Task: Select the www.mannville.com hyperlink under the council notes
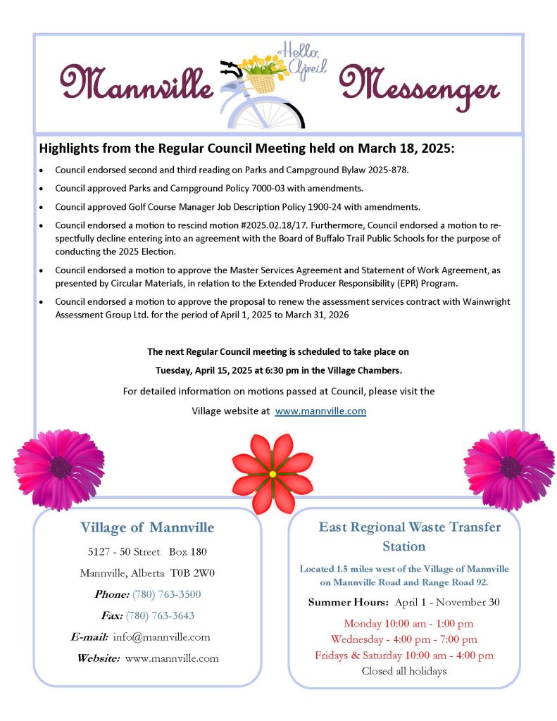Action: [320, 410]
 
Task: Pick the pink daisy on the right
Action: [509, 467]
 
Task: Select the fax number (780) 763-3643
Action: [160, 615]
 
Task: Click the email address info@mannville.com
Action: [161, 637]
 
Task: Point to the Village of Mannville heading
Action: [147, 527]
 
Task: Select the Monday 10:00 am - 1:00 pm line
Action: [408, 623]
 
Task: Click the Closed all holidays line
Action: [403, 671]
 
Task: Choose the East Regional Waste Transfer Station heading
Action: [409, 536]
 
